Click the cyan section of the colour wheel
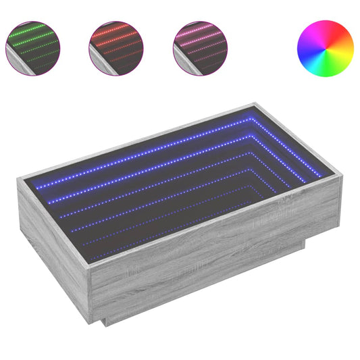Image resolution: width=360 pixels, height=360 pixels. click(305, 47)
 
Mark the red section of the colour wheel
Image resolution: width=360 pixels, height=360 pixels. click(345, 43)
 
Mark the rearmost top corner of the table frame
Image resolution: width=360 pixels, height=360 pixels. click(256, 104)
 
